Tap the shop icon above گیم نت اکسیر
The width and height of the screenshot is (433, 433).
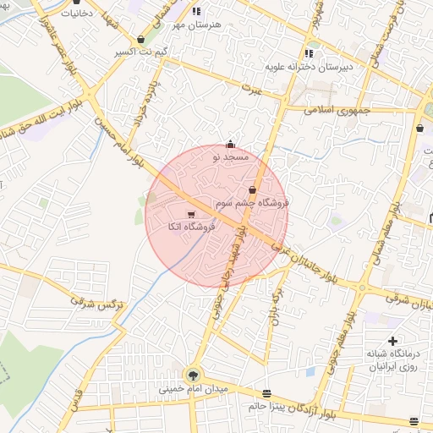(140, 40)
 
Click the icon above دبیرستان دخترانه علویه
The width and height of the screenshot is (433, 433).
(310, 53)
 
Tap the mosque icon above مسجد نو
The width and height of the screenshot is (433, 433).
(231, 145)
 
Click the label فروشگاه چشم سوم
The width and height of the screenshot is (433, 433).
(252, 203)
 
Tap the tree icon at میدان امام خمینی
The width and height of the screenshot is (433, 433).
(194, 375)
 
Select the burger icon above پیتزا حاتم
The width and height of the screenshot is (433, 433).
(267, 393)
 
